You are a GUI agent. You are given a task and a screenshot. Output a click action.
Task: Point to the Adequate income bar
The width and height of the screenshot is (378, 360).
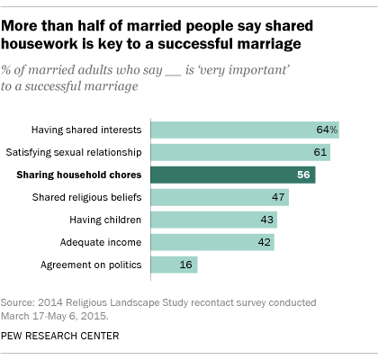tap(207, 242)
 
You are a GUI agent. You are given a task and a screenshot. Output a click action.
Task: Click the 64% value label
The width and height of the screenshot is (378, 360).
tap(327, 130)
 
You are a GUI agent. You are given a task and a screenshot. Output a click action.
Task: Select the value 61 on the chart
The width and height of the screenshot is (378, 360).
tap(321, 152)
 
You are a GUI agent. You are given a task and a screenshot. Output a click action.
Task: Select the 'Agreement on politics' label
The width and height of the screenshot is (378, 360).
tap(96, 265)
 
